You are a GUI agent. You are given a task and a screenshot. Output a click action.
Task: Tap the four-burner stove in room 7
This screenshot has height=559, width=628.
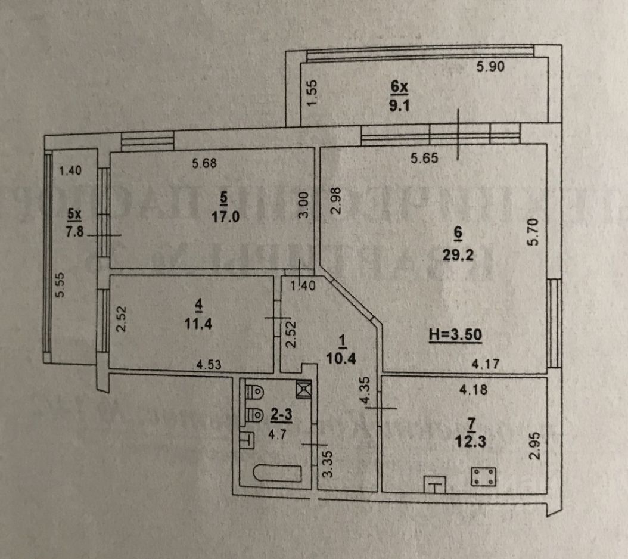(x=483, y=476)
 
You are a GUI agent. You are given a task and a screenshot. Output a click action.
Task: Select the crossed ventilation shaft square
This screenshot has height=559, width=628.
(x=304, y=388)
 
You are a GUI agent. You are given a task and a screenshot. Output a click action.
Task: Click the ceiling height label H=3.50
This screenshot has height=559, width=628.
(x=455, y=334)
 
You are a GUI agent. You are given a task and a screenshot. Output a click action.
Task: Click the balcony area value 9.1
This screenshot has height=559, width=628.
(x=399, y=108)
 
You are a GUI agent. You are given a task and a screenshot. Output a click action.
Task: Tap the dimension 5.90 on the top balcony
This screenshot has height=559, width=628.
(x=490, y=67)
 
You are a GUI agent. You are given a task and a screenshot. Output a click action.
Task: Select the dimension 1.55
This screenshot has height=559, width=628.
(x=316, y=94)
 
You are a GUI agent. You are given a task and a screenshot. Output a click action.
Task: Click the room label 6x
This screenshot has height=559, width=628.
(x=399, y=88)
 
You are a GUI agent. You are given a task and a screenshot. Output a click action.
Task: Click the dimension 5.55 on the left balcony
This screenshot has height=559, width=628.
(x=58, y=286)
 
